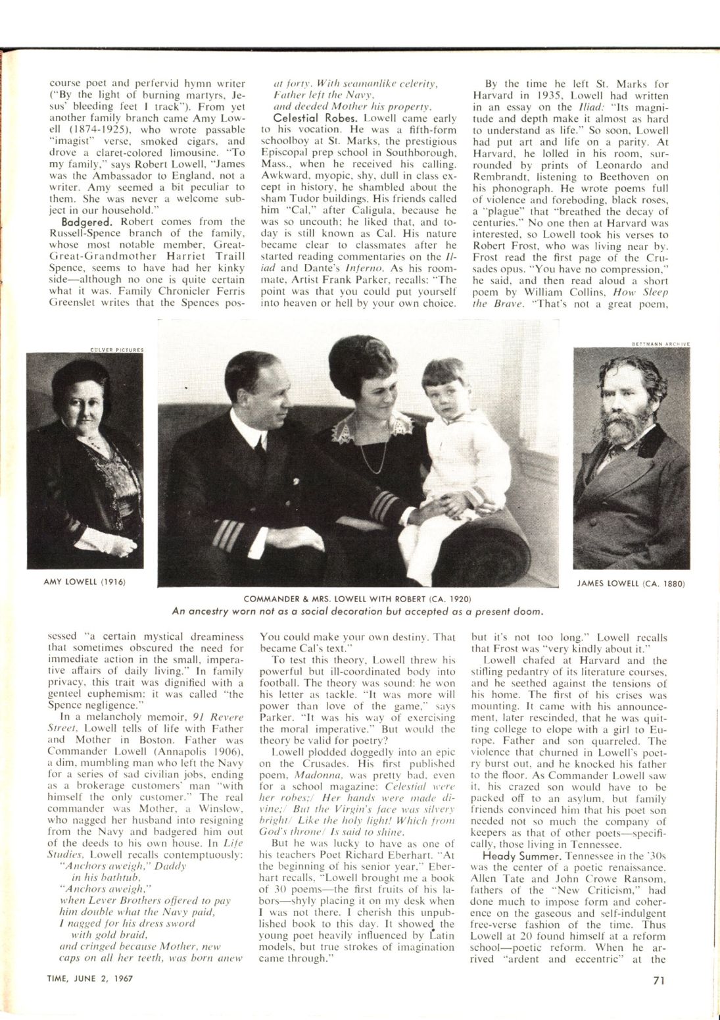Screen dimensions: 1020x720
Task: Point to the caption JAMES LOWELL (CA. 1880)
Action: [x=631, y=583]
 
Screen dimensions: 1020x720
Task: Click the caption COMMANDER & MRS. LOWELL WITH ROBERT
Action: [x=357, y=599]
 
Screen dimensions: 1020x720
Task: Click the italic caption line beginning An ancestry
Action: [x=357, y=611]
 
